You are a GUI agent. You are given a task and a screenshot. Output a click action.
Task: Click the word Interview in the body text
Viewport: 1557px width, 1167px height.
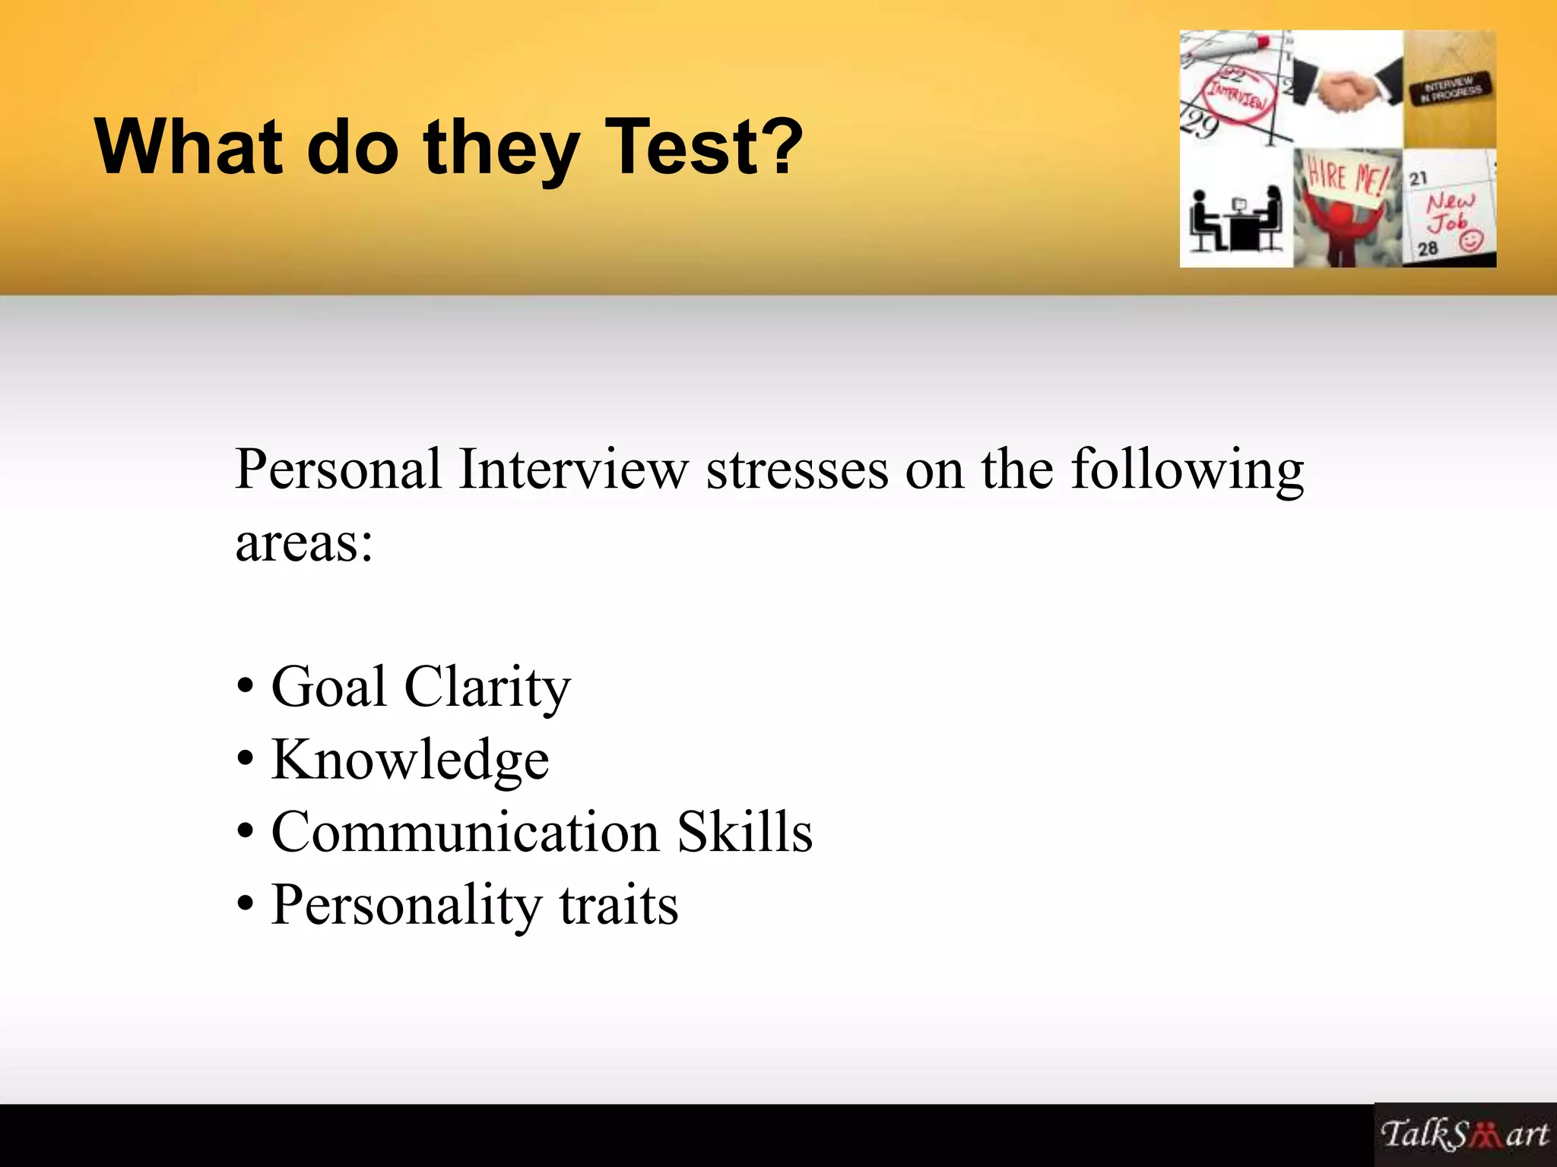tap(573, 470)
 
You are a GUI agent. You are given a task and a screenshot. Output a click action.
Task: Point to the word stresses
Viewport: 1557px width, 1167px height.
tap(797, 470)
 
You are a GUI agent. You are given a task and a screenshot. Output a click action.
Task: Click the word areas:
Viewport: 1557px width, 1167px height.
tap(304, 542)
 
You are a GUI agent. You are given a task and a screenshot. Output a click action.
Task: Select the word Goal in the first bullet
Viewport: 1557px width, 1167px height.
tap(329, 686)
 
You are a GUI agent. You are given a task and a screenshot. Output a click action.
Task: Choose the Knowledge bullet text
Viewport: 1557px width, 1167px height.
tap(410, 760)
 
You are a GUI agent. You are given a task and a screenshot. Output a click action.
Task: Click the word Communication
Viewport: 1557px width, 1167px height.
tap(465, 832)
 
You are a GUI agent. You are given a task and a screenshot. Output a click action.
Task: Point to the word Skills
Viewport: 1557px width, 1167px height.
tap(744, 832)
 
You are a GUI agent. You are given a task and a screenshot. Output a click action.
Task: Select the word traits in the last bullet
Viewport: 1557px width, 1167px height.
tap(619, 905)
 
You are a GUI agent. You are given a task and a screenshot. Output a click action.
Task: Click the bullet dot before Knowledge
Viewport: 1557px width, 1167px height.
tap(245, 760)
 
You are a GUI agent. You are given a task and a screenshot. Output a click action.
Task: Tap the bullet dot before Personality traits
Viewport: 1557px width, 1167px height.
tap(245, 905)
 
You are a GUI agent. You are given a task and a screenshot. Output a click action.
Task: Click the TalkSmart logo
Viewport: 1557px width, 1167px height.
tap(1464, 1134)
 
